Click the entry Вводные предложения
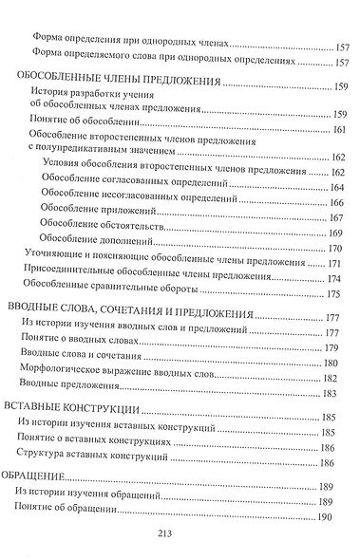[x=71, y=380]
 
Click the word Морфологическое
[x=64, y=364]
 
